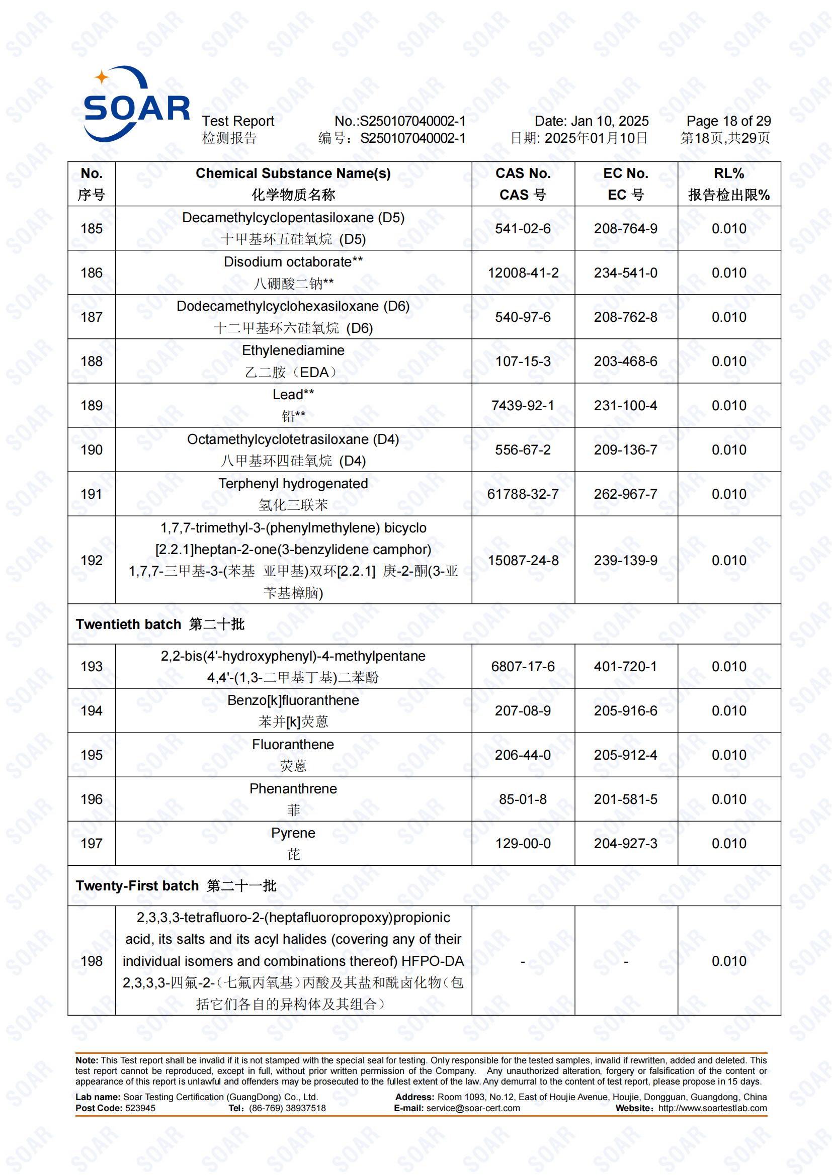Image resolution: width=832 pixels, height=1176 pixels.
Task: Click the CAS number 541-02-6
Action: pyautogui.click(x=523, y=228)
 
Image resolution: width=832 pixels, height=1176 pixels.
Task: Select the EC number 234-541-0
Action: pyautogui.click(x=626, y=273)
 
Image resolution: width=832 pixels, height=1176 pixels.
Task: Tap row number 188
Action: pyautogui.click(x=92, y=361)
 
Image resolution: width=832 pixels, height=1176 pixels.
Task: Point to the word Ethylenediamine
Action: pyautogui.click(x=293, y=350)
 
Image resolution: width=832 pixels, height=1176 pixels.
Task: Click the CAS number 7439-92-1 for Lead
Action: pyautogui.click(x=523, y=406)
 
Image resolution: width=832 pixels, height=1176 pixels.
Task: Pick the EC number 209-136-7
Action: pyautogui.click(x=626, y=449)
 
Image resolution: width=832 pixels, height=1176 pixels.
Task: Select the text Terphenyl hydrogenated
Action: pyautogui.click(x=293, y=484)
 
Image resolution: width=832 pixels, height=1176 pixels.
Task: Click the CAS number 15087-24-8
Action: pyautogui.click(x=523, y=560)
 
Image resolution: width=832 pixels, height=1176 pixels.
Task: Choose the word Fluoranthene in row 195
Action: pyautogui.click(x=293, y=744)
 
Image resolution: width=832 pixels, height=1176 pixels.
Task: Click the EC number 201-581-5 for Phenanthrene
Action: pyautogui.click(x=626, y=799)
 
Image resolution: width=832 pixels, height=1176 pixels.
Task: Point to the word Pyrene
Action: pyautogui.click(x=293, y=833)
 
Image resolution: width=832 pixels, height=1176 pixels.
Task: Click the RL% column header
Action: pyautogui.click(x=728, y=173)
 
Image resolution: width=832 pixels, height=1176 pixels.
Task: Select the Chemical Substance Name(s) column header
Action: pyautogui.click(x=293, y=173)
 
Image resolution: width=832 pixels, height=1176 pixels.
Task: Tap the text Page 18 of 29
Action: pyautogui.click(x=728, y=121)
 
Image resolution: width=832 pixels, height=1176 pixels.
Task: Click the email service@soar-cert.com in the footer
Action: pyautogui.click(x=473, y=1108)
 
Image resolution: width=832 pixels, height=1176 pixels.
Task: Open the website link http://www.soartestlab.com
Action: pyautogui.click(x=713, y=1108)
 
